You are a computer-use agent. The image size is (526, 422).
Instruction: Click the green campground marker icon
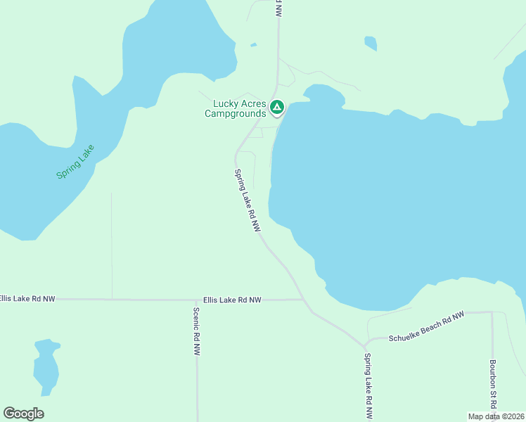coord(277,108)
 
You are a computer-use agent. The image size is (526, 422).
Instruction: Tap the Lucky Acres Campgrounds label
coord(236,108)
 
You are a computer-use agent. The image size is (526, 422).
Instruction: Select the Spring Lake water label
coord(75,162)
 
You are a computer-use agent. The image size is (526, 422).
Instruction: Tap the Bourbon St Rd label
coord(494,386)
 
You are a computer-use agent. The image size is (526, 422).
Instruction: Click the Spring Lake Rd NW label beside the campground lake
coord(248,201)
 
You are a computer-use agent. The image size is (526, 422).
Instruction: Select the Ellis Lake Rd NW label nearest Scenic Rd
coord(232,300)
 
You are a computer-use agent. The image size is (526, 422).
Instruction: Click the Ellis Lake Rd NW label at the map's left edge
coord(27,299)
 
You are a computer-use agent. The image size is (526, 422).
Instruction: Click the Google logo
coord(24,414)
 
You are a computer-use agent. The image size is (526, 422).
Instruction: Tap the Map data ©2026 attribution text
coord(496,416)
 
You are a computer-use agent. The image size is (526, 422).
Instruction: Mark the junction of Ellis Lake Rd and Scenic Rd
coord(196,300)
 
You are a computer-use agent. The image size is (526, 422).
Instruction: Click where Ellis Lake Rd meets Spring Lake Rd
coord(303,300)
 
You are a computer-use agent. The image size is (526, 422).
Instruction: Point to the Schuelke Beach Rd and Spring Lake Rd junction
coord(366,346)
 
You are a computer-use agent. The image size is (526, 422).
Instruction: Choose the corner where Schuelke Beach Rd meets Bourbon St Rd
coord(491,312)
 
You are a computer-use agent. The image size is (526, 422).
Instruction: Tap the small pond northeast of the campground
coord(370,43)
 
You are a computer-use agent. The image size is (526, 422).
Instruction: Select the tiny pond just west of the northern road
coord(253,46)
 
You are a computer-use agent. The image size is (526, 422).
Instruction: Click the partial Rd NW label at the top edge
coord(279,7)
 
